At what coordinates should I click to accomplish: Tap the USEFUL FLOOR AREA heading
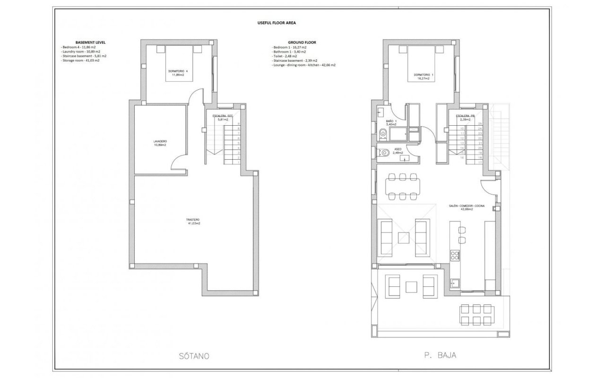pos(277,23)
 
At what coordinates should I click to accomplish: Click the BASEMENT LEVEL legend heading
pos(90,42)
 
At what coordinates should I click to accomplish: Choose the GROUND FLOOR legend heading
pos(302,42)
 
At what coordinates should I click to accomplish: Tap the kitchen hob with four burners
pos(455,256)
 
